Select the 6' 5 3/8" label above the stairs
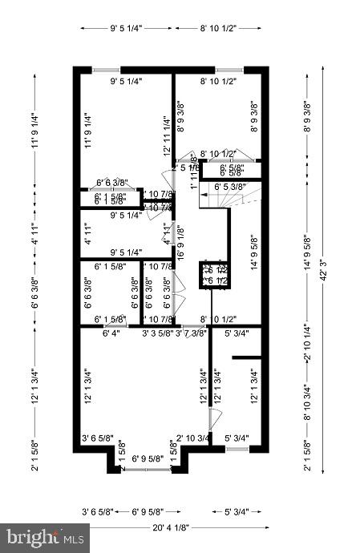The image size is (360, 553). [x=229, y=186]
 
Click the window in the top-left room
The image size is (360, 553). [x=107, y=70]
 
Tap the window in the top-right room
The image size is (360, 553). [x=229, y=70]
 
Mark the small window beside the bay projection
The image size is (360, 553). [x=236, y=449]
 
